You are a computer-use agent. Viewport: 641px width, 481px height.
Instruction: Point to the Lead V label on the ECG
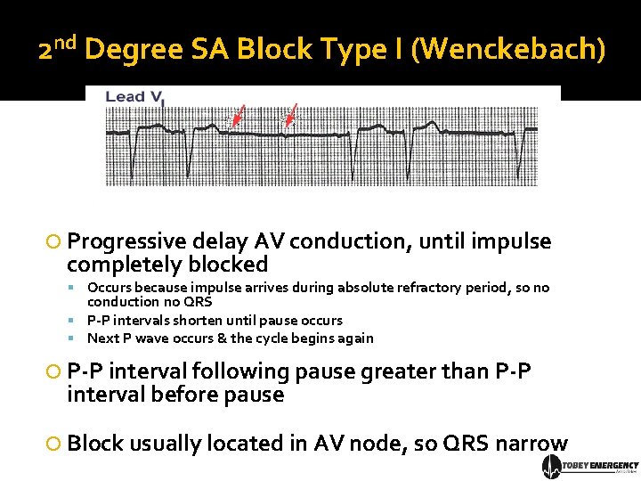click(x=134, y=97)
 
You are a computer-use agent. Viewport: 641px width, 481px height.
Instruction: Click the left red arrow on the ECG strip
click(x=237, y=117)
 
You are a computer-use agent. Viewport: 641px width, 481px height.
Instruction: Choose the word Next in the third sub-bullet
click(x=103, y=338)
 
